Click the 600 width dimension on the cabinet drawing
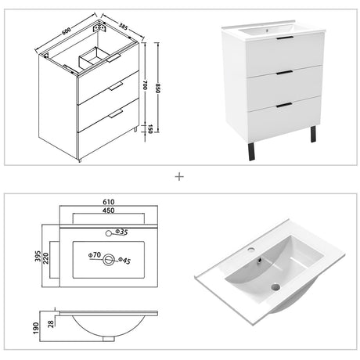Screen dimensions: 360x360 [67, 31]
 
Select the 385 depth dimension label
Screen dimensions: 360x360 [123, 26]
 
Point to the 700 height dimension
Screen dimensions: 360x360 [145, 85]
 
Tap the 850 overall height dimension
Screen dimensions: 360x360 [157, 88]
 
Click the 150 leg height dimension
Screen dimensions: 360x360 [149, 129]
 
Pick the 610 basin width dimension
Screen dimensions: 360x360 [109, 202]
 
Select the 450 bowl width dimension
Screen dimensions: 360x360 [109, 211]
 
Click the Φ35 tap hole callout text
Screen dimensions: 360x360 [121, 232]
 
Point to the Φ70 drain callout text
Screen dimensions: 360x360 [95, 254]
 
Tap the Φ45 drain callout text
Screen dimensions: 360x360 [124, 260]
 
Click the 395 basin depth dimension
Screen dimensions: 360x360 [38, 256]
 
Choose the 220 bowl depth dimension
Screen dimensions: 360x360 [46, 258]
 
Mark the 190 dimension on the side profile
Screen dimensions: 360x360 [36, 328]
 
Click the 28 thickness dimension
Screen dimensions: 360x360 [51, 324]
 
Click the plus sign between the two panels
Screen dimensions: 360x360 [179, 177]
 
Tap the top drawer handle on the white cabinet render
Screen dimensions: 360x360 [285, 38]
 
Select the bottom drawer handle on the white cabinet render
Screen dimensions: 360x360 [284, 105]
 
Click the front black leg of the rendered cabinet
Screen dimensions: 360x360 [251, 152]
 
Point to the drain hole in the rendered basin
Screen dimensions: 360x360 [275, 287]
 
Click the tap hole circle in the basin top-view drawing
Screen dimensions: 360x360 [109, 233]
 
